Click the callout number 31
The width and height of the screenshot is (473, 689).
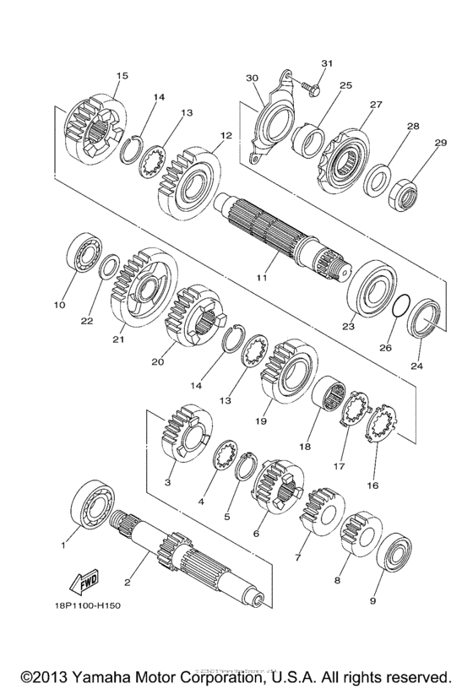tap(328, 64)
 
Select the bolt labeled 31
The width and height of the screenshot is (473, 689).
tap(306, 84)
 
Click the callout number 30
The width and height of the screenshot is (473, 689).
tap(251, 77)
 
